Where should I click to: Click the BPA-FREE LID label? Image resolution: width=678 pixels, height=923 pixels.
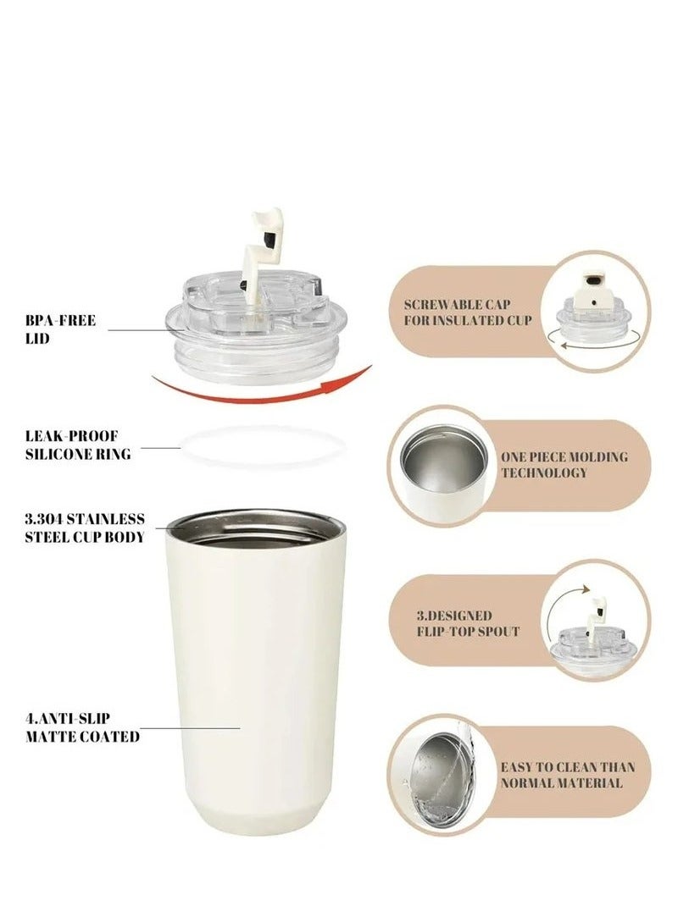60,329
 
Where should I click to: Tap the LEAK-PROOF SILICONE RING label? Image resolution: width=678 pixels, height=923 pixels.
78,446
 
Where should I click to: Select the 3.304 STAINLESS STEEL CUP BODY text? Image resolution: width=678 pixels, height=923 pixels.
84,528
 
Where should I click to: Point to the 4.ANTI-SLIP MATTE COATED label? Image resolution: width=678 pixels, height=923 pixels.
82,727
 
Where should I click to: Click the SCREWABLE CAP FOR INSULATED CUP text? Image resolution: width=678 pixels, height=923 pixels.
468,312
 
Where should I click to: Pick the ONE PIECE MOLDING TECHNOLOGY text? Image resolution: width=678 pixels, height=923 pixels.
564,464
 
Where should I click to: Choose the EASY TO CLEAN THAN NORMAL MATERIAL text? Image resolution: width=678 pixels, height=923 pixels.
567,775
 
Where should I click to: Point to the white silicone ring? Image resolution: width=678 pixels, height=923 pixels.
264,446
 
